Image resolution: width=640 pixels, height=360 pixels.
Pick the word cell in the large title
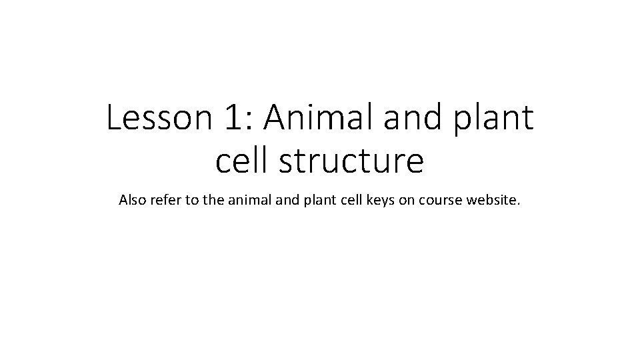pos(241,162)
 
